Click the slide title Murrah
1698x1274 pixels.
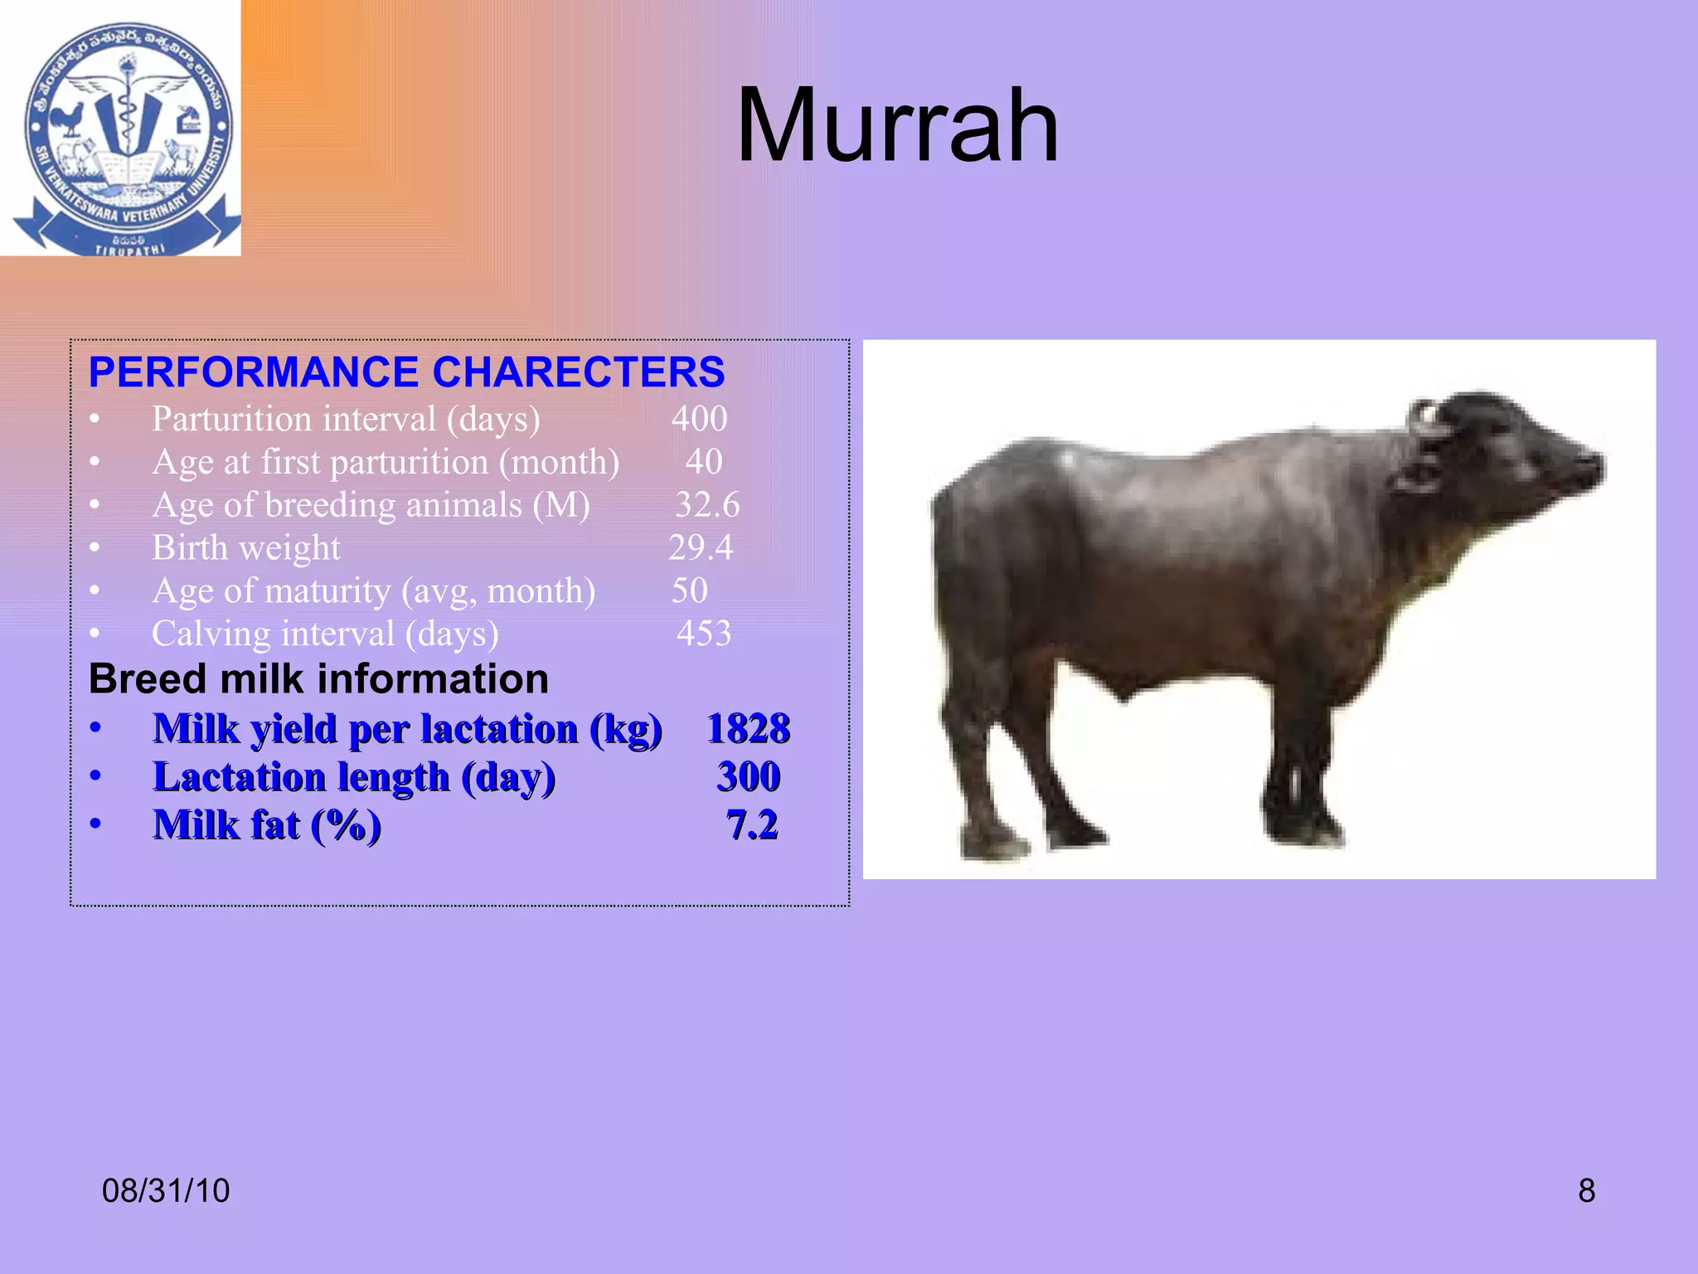click(897, 126)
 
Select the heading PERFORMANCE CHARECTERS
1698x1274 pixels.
click(406, 372)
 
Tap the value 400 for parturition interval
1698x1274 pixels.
click(699, 419)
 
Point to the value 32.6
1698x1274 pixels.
click(706, 505)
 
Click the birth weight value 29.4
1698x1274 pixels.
click(701, 548)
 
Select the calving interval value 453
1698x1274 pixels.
click(704, 634)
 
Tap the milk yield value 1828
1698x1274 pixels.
click(748, 729)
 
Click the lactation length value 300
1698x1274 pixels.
click(748, 777)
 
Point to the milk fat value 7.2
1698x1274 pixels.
click(752, 825)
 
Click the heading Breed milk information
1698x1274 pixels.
click(318, 679)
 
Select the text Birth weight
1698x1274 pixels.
click(246, 548)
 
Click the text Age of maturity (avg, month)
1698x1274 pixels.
click(373, 591)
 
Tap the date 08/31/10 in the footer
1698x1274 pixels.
click(166, 1191)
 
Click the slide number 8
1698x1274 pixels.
click(1586, 1191)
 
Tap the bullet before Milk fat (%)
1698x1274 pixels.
click(96, 824)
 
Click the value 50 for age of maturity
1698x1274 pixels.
click(689, 591)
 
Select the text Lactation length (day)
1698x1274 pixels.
click(354, 777)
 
